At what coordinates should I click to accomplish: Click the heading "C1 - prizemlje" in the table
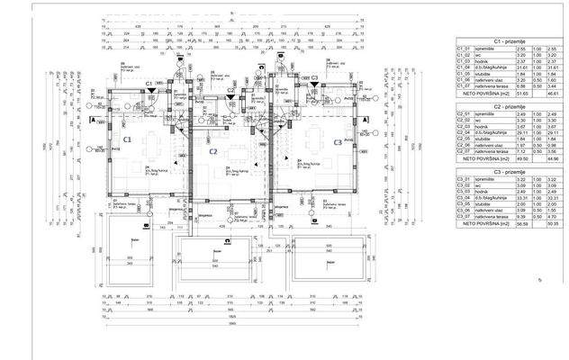tap(509, 41)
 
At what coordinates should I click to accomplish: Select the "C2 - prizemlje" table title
tap(509, 105)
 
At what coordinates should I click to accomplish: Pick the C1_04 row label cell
tap(465, 67)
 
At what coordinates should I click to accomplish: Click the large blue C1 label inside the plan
tap(127, 139)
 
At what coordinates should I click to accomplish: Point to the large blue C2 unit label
tap(212, 151)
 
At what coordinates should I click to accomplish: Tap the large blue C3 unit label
tap(337, 143)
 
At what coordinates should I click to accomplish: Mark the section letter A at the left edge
tap(94, 120)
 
